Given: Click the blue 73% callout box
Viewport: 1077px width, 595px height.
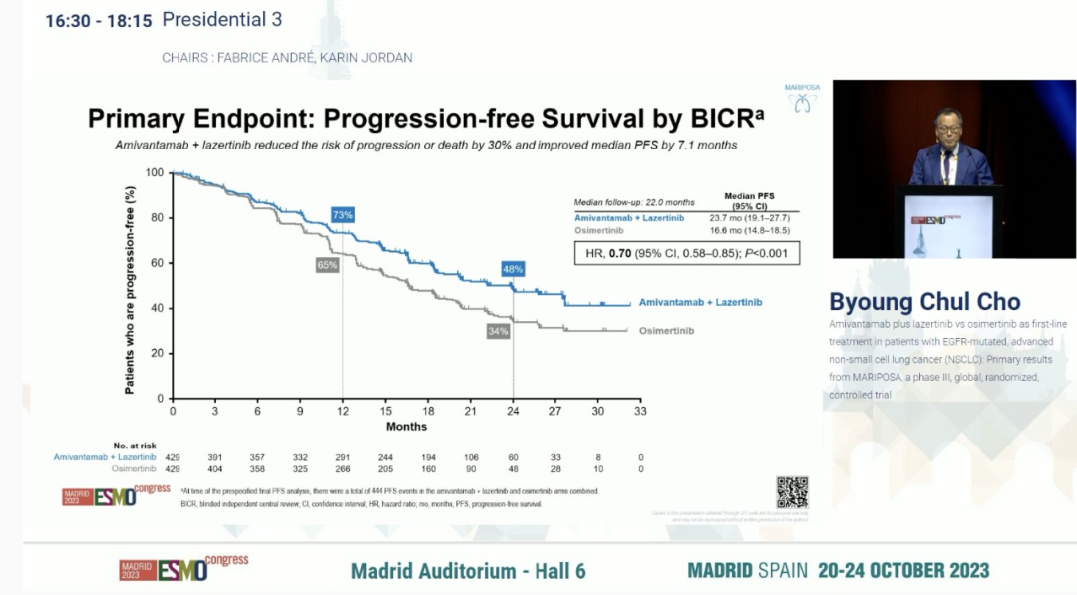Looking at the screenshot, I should pos(343,215).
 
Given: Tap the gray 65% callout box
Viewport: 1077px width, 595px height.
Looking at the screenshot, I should pos(328,265).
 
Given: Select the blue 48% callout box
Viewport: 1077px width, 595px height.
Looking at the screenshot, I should pos(513,269).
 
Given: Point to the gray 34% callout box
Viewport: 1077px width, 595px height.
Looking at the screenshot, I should pos(498,331).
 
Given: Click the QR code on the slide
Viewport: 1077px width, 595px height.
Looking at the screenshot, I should pos(792,492).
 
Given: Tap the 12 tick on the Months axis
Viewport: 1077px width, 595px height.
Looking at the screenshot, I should pos(343,411).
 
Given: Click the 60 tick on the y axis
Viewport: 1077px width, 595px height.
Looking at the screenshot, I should pos(155,263).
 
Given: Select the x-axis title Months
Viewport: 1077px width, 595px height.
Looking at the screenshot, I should pos(406,427).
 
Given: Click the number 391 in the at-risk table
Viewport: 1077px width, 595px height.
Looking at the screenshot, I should pos(214,456).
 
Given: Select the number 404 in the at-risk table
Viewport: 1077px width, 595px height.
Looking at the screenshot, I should pos(214,468).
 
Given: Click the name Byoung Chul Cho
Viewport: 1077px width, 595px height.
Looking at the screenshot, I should pos(925,302).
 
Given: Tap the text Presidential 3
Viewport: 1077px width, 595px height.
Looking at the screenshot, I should pos(221,19).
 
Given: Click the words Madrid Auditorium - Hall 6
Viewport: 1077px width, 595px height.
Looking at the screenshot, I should pos(468,571).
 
